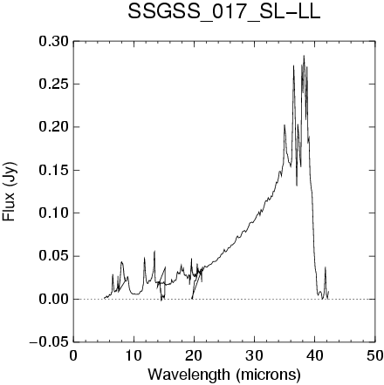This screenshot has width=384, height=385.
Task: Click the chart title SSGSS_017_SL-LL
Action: [x=224, y=12]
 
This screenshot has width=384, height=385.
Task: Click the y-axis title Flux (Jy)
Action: [x=10, y=192]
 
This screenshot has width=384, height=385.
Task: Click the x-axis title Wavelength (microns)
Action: [x=224, y=375]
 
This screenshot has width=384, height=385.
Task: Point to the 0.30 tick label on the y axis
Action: [x=54, y=42]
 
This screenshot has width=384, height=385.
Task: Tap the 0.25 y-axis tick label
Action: [x=54, y=84]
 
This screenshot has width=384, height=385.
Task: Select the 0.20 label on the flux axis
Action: [x=54, y=127]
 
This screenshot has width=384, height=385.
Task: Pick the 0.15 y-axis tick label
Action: [x=54, y=170]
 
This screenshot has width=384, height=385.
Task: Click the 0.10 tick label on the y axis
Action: [x=54, y=213]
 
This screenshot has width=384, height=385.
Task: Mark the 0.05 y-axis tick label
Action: [x=54, y=256]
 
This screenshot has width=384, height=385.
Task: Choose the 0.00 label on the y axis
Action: [x=54, y=300]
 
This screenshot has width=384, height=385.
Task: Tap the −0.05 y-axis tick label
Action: [x=49, y=342]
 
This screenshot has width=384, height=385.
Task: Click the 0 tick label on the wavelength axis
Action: [x=73, y=356]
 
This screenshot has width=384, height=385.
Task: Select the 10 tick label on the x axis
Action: [x=134, y=356]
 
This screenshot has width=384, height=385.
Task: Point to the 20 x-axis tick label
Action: [x=194, y=356]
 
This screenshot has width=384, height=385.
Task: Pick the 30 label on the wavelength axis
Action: [x=255, y=356]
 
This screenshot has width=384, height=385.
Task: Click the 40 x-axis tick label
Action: [x=315, y=356]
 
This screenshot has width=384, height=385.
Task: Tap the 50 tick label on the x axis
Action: [x=375, y=356]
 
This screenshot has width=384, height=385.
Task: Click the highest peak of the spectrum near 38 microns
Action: [x=304, y=56]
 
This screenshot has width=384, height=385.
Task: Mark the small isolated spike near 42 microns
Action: [x=326, y=267]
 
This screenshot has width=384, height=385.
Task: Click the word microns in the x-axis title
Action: [x=268, y=375]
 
